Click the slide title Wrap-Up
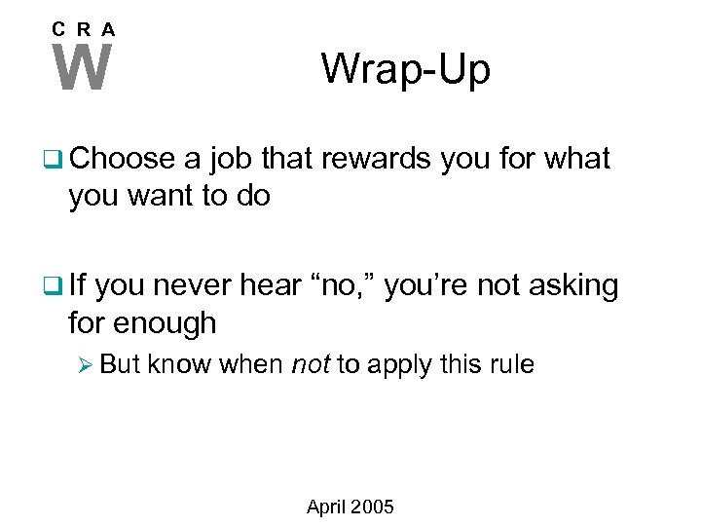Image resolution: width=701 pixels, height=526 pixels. pos(406,69)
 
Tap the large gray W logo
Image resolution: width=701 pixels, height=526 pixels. pos(83,68)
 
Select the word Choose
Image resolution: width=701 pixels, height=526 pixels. pos(122,159)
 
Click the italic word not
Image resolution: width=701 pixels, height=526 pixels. pos(312,365)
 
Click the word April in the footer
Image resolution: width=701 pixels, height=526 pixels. pos(328,507)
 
